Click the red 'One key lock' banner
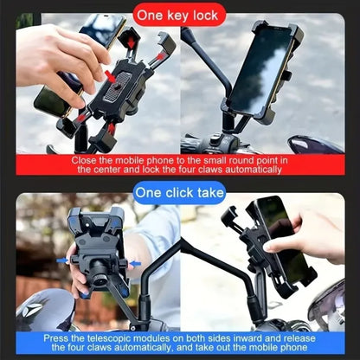tap(179, 15)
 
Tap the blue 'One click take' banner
tap(179, 192)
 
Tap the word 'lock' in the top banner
tap(204, 15)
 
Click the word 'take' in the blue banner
tap(207, 192)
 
